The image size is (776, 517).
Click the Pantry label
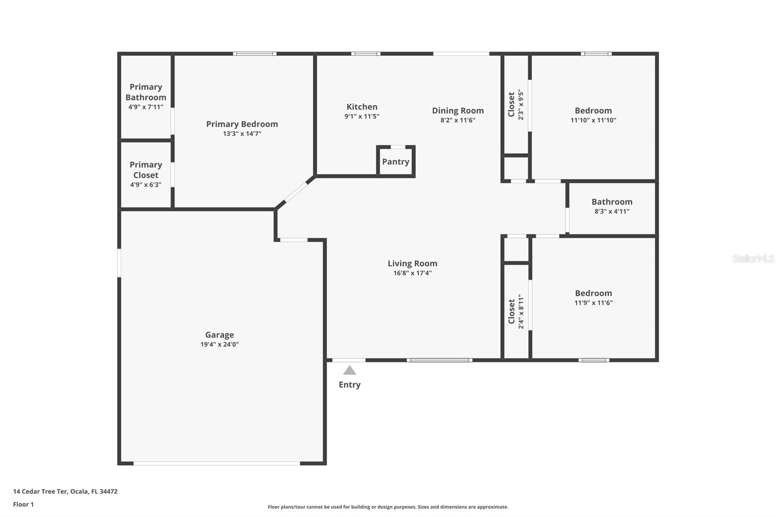pos(395,162)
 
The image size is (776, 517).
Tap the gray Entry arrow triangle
pos(350,371)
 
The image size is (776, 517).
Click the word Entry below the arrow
pos(349,385)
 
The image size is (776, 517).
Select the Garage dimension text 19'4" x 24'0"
pos(220,344)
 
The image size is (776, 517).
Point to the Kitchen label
pos(362,107)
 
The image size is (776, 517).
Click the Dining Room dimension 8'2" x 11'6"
pos(458,120)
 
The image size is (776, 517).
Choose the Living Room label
pos(412,263)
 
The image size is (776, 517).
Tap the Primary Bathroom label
pos(145,92)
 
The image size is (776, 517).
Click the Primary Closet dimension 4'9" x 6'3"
pos(145,185)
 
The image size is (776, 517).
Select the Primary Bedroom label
pos(242,124)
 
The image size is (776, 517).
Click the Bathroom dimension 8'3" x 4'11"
pos(612,211)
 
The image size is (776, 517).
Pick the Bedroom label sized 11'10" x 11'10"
pos(593,111)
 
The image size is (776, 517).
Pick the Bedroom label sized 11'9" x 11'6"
pos(593,293)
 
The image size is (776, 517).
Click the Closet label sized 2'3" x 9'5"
pos(511,104)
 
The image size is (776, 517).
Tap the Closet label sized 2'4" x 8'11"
pos(511,311)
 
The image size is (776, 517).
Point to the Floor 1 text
pos(23,504)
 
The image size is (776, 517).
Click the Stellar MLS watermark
pos(753,258)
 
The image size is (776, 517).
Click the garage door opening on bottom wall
pos(216,464)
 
